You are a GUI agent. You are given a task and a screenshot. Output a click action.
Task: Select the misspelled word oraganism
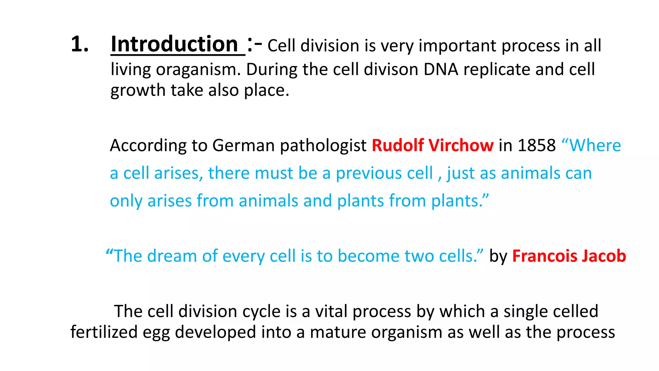pyautogui.click(x=198, y=70)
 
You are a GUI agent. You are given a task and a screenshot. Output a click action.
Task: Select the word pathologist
pyautogui.click(x=323, y=146)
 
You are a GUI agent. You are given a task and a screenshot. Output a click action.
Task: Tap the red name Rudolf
pyautogui.click(x=398, y=146)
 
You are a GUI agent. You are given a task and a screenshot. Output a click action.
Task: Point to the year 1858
pyautogui.click(x=537, y=146)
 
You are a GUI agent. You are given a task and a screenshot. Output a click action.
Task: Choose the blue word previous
pyautogui.click(x=384, y=174)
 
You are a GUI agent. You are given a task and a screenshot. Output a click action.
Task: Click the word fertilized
pyautogui.click(x=104, y=332)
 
